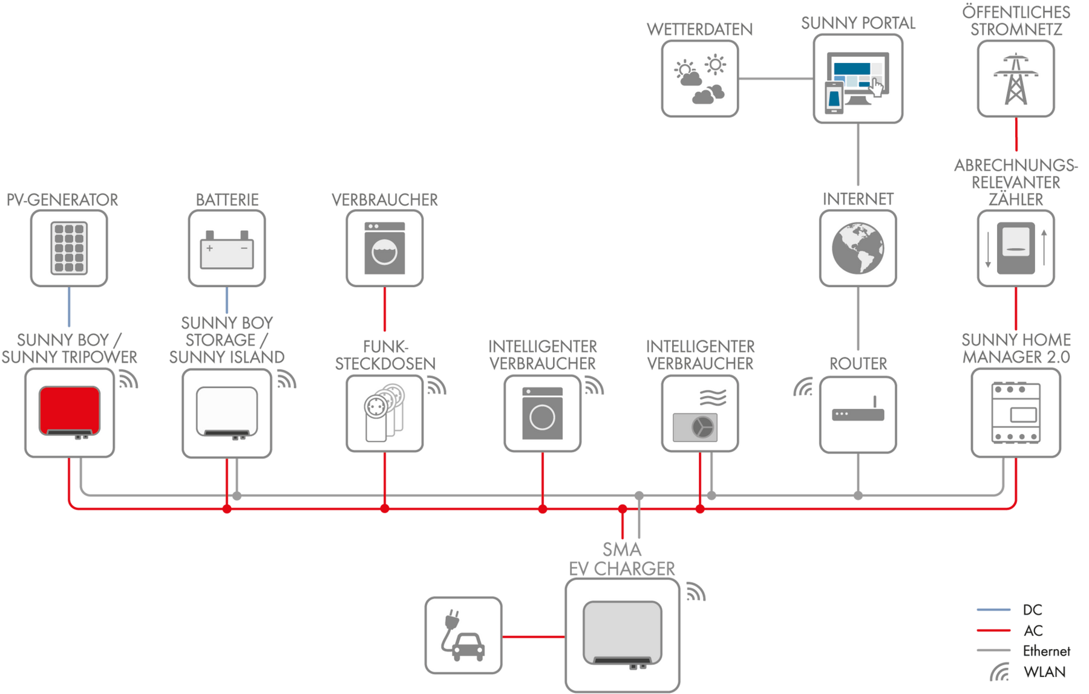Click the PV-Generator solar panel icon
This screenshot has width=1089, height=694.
point(69,248)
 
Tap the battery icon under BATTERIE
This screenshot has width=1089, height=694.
point(227,249)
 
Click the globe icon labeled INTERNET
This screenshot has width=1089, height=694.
point(858,248)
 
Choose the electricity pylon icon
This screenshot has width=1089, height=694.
point(1016,79)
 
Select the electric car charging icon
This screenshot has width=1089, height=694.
point(463,635)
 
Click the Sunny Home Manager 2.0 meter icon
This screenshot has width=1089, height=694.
point(1016,413)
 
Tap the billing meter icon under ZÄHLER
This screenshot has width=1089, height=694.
point(1016,248)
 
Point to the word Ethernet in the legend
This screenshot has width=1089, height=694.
point(1047,651)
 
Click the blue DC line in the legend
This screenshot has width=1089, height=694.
point(993,609)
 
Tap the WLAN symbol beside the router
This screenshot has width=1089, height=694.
point(803,387)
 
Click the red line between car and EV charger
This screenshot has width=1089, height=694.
point(534,637)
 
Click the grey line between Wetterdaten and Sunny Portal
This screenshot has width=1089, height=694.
point(776,79)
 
